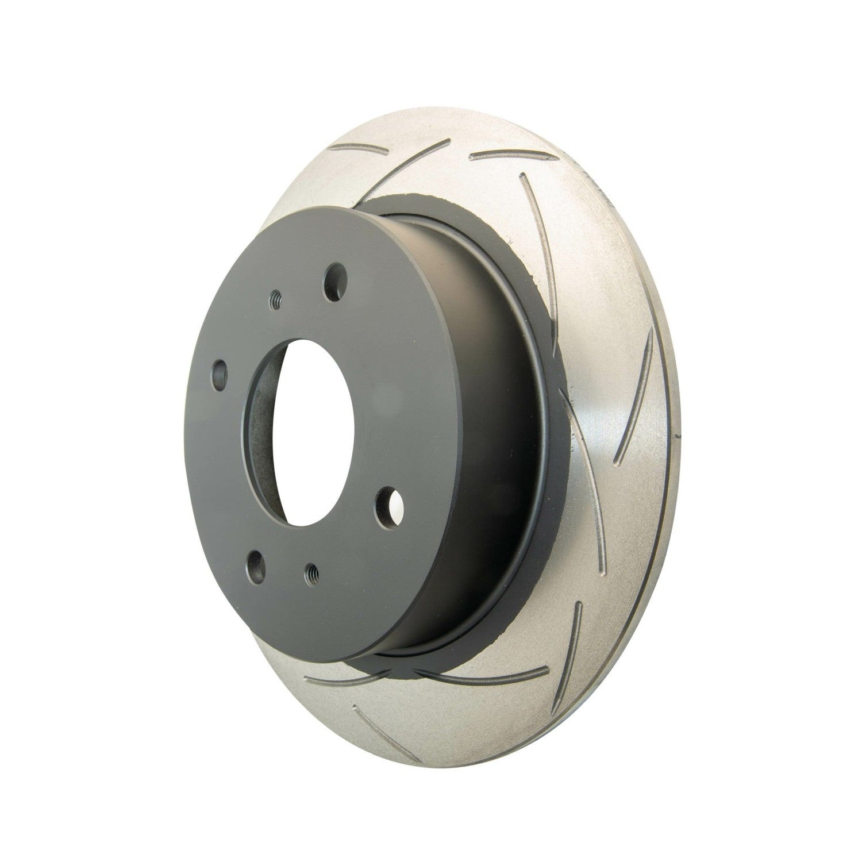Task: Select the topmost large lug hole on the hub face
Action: (334, 279)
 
